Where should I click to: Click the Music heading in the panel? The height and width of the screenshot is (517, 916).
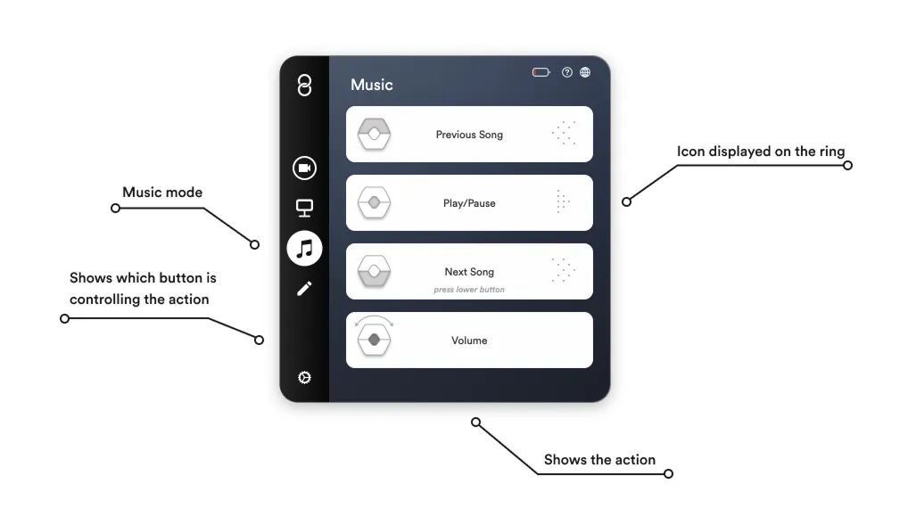click(371, 85)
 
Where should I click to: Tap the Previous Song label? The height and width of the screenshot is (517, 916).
click(469, 135)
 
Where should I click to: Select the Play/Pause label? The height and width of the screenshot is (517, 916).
click(469, 203)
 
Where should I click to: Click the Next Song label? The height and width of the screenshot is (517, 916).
click(469, 272)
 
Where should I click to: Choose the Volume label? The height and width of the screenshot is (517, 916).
click(469, 341)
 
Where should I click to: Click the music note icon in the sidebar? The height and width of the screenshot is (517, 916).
click(304, 248)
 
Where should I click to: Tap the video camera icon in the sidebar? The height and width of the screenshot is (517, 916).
click(304, 168)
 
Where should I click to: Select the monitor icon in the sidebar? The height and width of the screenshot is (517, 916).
click(304, 208)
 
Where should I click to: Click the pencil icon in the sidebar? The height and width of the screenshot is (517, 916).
click(304, 288)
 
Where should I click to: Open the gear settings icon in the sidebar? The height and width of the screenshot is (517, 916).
click(304, 378)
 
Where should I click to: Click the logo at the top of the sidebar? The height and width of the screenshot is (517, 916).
click(304, 86)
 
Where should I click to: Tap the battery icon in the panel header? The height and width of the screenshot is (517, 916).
click(541, 72)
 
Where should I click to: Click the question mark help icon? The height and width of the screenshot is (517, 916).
click(567, 72)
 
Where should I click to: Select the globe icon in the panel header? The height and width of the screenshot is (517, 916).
click(585, 72)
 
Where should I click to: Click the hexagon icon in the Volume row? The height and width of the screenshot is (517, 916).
click(375, 340)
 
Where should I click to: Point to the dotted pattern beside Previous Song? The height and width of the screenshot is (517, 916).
click(564, 134)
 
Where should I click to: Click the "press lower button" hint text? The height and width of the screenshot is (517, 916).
click(469, 290)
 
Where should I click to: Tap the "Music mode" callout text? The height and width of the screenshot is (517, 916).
click(162, 193)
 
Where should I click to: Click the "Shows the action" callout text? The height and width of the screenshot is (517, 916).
click(599, 460)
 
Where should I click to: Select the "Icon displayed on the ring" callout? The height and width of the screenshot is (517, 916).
click(760, 152)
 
